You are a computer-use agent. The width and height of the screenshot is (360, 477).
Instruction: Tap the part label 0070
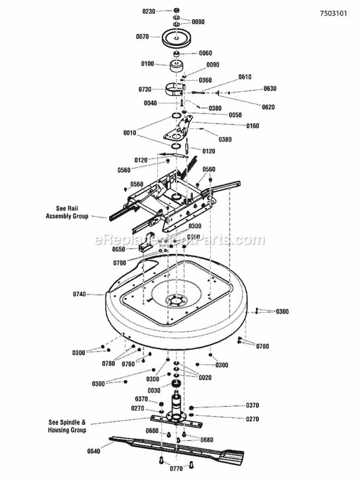tap(143, 36)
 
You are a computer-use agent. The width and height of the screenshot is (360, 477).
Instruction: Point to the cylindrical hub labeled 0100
tap(178, 66)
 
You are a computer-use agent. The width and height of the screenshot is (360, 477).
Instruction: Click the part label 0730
tap(145, 90)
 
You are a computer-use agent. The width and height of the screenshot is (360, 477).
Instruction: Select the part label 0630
tap(270, 89)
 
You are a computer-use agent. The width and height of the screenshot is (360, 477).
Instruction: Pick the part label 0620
tap(268, 107)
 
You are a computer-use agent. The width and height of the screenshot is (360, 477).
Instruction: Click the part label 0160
tap(252, 126)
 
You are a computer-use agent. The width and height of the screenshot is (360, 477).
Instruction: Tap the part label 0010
tap(130, 133)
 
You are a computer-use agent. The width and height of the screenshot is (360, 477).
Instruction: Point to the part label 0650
tap(119, 250)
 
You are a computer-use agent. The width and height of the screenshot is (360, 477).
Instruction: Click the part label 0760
tap(128, 364)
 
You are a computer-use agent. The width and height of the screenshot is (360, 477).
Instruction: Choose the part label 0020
tap(205, 378)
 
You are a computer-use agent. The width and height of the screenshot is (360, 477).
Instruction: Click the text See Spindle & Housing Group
tap(67, 426)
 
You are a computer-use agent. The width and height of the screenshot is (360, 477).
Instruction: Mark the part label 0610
tap(245, 77)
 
